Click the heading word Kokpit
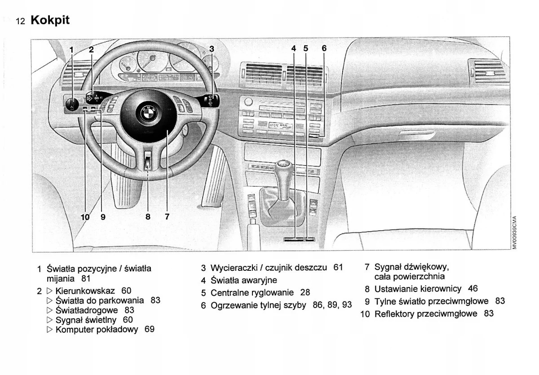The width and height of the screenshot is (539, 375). pos(50,20)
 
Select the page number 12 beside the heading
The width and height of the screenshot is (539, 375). pos(21,21)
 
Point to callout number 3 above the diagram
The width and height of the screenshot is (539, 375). pos(212,49)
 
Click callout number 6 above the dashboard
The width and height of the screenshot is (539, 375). pos(324,49)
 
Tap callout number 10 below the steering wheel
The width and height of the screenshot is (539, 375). pos(85,217)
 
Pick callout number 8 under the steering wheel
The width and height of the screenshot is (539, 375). pos(148,217)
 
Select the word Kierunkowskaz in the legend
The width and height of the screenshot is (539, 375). pos(85,291)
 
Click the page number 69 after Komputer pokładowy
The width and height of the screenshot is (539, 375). pos(149,330)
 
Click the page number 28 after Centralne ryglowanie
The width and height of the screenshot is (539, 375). pos(305,292)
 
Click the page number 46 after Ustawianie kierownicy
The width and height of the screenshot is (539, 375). pos(473,288)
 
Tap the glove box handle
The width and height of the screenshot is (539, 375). pos(417,133)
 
